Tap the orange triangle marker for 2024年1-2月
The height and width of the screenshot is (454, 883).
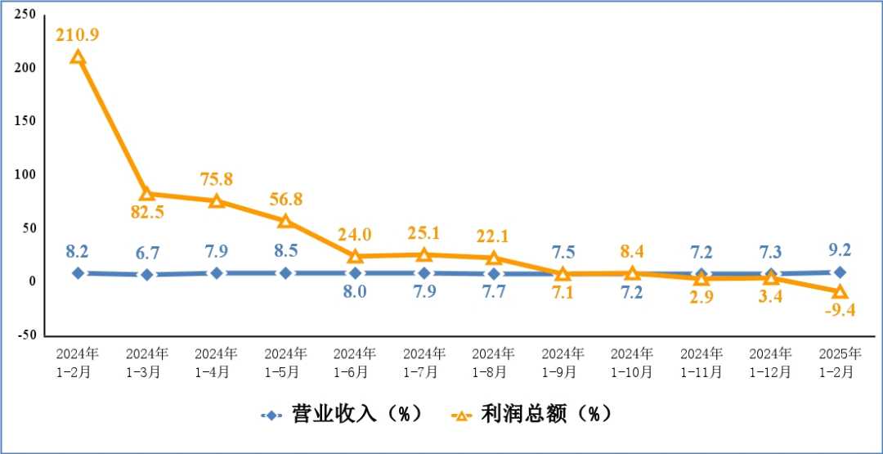pyautogui.click(x=78, y=57)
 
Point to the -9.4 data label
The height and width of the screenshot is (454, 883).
pyautogui.click(x=840, y=309)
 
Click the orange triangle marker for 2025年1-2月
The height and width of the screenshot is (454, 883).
pyautogui.click(x=840, y=292)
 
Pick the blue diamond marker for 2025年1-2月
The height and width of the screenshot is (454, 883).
pyautogui.click(x=840, y=272)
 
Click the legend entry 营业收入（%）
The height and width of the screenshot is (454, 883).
pyautogui.click(x=343, y=414)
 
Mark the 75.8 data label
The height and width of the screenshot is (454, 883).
pyautogui.click(x=217, y=179)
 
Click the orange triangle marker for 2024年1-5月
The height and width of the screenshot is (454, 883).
pyautogui.click(x=285, y=221)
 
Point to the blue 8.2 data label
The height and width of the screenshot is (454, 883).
pyautogui.click(x=78, y=250)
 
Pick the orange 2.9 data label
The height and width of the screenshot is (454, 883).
pyautogui.click(x=701, y=296)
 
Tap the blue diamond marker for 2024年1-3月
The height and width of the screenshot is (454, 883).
pyautogui.click(x=147, y=275)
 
